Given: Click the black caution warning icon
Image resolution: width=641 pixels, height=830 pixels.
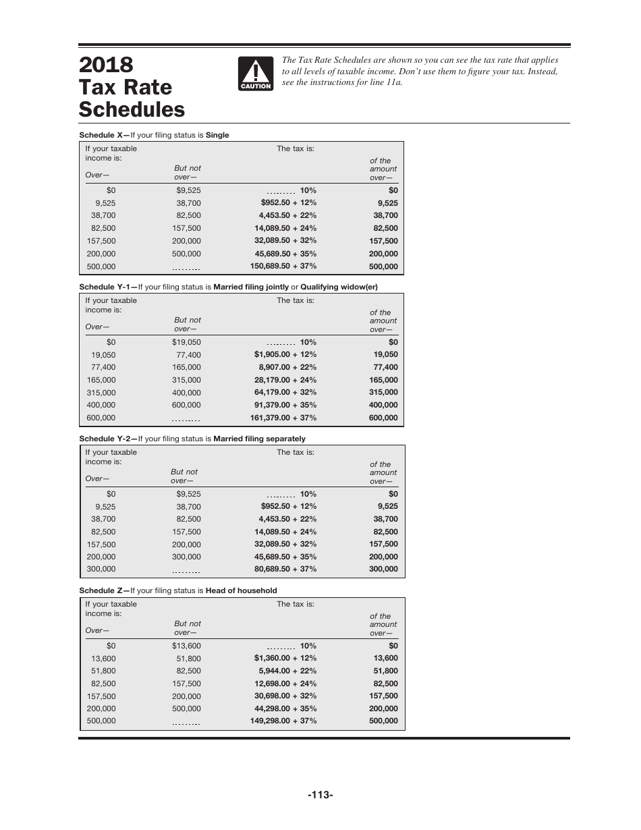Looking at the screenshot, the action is point(255,74).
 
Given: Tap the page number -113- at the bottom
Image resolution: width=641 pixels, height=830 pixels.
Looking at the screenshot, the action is point(320,795).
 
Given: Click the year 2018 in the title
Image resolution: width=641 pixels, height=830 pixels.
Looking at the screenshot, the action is point(106,65).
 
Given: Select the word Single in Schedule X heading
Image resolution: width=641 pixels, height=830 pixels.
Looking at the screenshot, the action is point(217,135).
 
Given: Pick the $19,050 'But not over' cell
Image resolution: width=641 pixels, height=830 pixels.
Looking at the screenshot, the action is point(186,342).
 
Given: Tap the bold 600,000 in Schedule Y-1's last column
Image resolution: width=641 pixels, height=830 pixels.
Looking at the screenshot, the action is point(383,418).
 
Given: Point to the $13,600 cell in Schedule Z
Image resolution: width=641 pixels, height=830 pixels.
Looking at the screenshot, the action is point(186,646).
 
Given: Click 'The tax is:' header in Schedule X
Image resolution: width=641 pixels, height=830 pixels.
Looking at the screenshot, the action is point(295,148).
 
